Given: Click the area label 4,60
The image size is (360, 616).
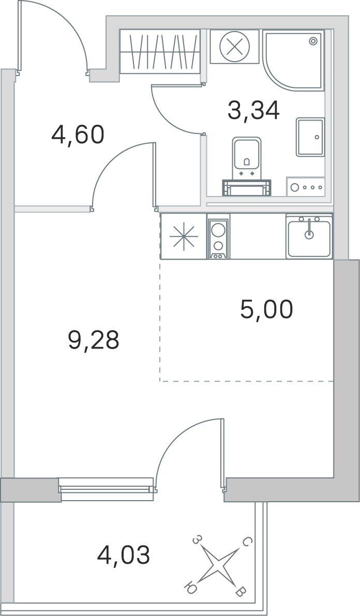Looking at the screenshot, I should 78,135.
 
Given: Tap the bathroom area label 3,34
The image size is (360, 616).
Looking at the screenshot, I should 253,110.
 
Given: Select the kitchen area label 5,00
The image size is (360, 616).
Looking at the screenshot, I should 267,309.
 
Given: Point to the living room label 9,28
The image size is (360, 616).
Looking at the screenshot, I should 94,340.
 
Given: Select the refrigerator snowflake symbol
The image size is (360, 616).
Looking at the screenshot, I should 184,237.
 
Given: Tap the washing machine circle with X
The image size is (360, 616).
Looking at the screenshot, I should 235,47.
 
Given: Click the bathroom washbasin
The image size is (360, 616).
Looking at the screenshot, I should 310,137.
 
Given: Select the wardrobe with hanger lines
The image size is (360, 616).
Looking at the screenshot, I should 159,52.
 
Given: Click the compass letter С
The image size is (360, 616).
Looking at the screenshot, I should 247,542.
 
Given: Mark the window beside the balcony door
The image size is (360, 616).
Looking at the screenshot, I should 107,489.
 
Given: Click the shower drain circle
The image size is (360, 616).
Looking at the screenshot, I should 312,41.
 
